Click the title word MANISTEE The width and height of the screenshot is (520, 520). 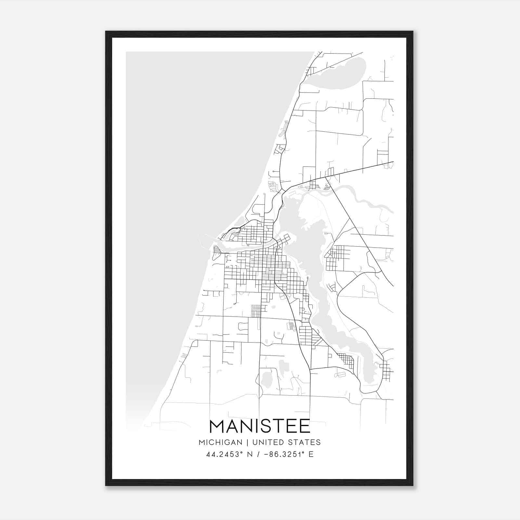point(260,427)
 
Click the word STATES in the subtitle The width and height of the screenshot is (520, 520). point(305,442)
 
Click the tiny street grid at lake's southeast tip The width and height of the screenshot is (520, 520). point(387,370)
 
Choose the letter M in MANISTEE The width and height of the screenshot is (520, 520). point(218,427)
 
